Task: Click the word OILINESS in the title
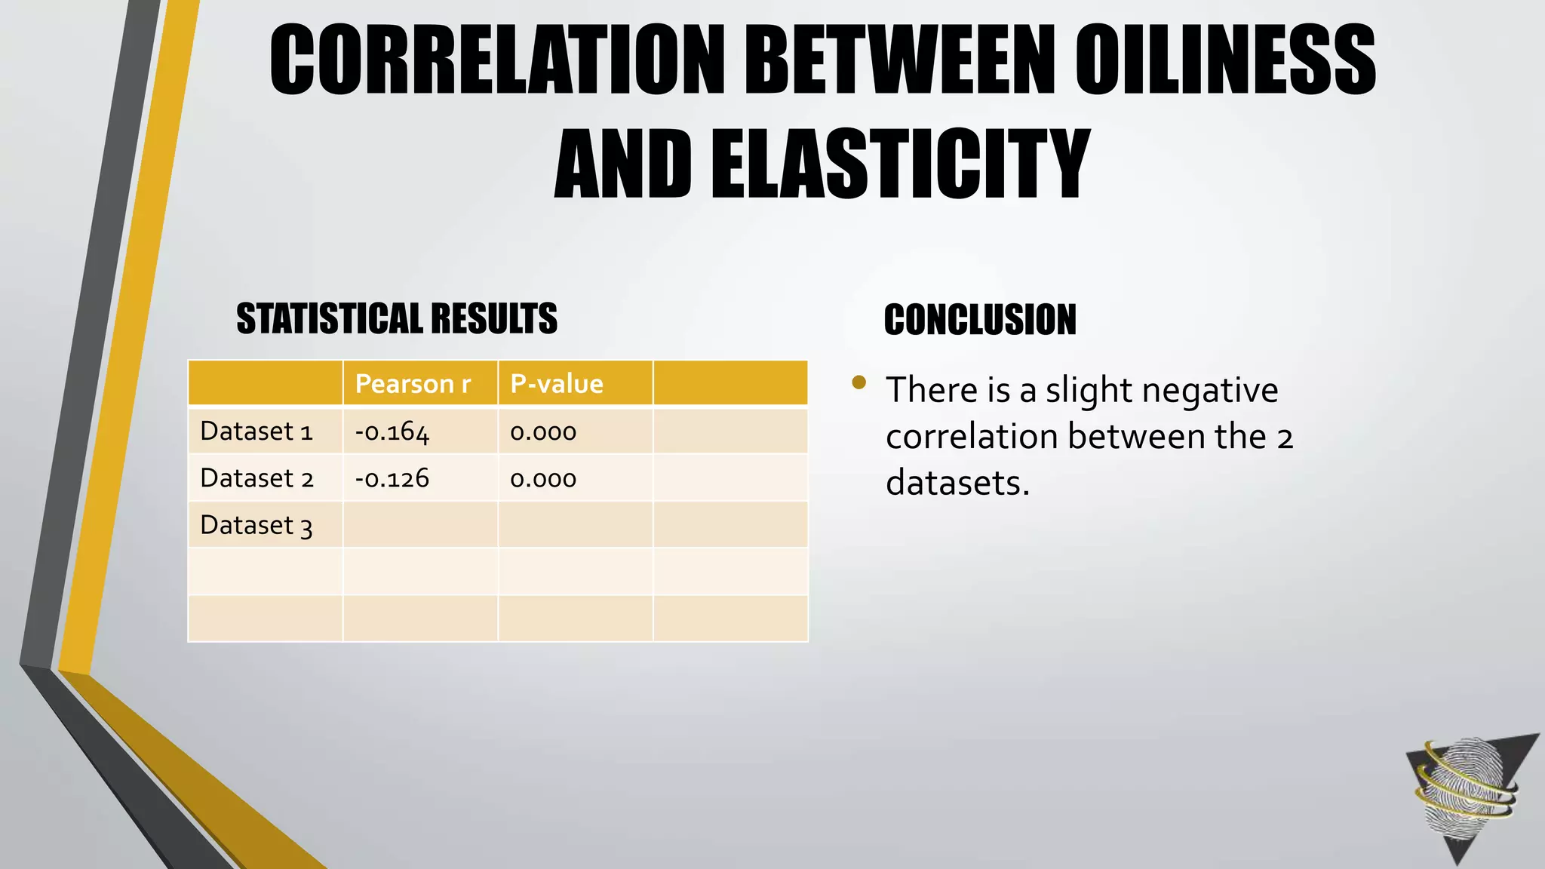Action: coord(1225,60)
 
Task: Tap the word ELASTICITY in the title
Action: coord(900,164)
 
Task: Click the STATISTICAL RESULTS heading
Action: coord(397,318)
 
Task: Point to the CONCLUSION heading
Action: coord(980,320)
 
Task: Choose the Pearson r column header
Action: coord(413,384)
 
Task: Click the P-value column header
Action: coord(557,384)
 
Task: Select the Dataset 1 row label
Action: coord(256,431)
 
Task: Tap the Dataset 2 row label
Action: coord(256,478)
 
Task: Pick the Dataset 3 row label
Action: coord(256,525)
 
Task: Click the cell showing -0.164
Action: coord(392,432)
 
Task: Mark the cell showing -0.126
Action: coord(392,478)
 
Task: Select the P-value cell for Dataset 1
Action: coord(543,432)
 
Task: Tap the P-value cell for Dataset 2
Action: coord(543,479)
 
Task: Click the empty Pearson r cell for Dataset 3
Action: coord(420,525)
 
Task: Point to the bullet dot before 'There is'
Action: coord(859,382)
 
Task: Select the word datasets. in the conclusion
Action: coord(957,483)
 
